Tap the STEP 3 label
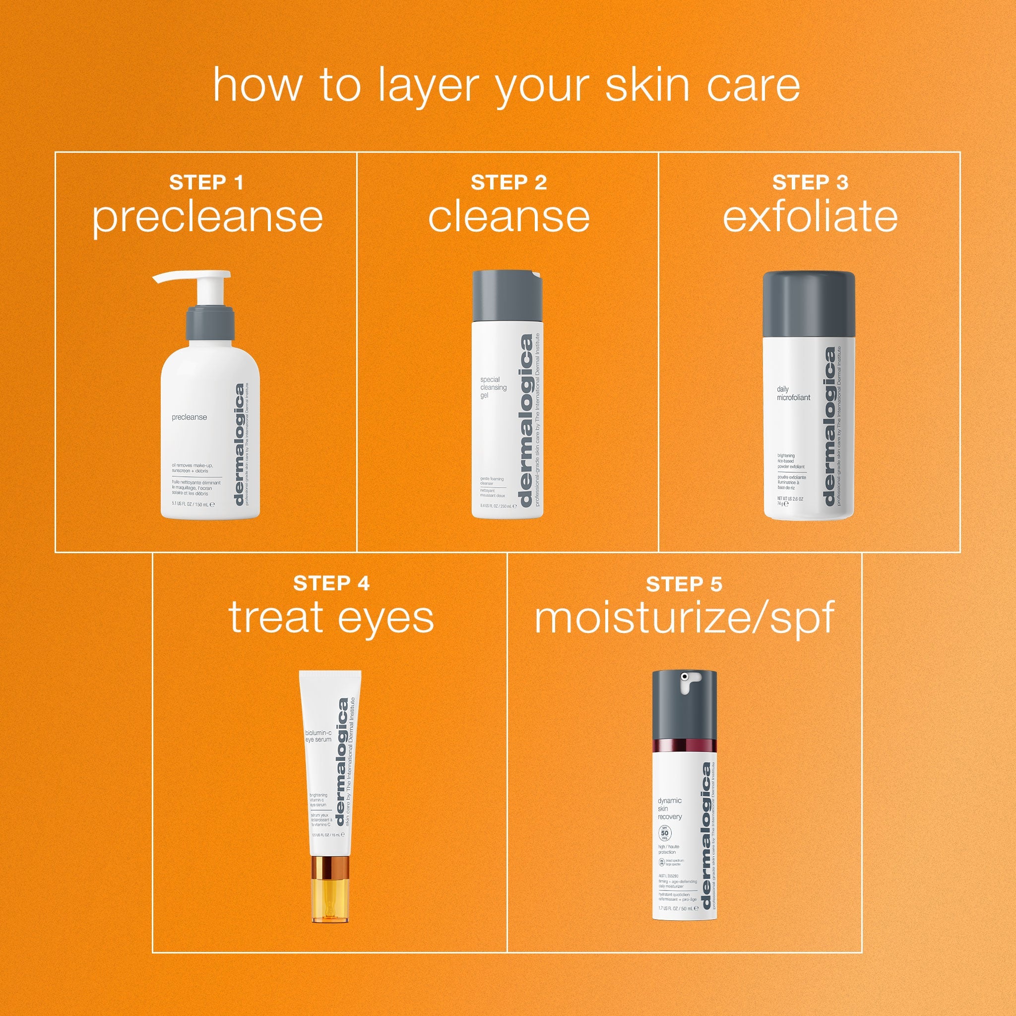tap(810, 183)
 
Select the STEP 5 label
tap(684, 584)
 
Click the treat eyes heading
tap(331, 619)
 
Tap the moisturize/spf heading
tap(684, 620)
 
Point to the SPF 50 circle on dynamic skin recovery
tap(665, 834)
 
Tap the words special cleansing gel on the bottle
tap(493, 387)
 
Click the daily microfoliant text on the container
tap(793, 393)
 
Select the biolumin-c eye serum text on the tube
tap(318, 735)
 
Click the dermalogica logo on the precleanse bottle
tap(239, 445)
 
